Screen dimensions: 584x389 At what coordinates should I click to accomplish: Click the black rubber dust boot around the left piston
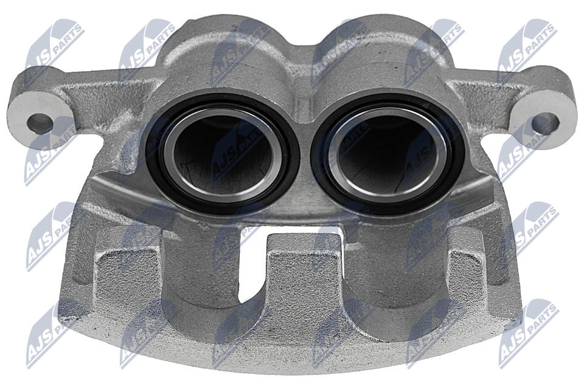(152, 156)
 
